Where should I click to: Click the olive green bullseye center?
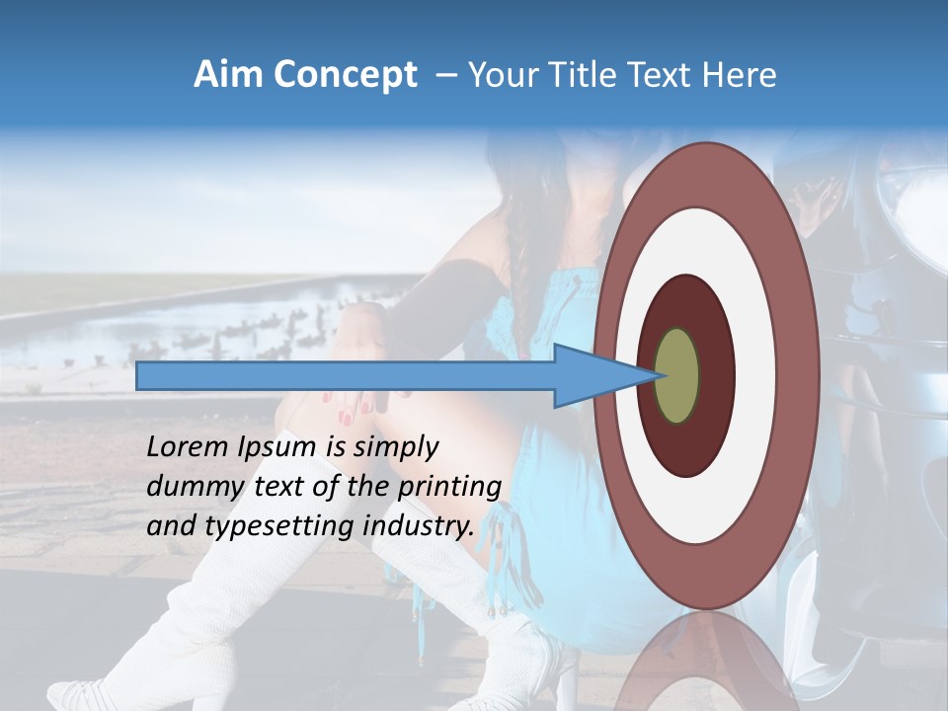(677, 376)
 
